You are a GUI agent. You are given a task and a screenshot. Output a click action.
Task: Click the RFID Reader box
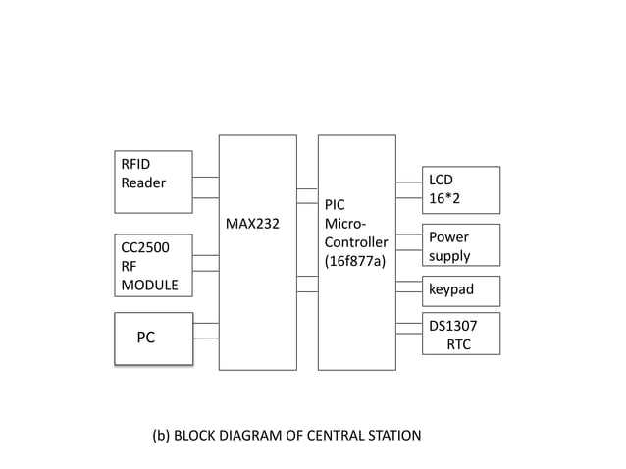(153, 181)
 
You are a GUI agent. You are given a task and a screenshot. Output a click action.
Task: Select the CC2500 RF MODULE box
(153, 265)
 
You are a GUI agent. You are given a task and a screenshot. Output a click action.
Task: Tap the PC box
(153, 339)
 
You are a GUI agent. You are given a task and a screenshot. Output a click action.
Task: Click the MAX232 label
(252, 224)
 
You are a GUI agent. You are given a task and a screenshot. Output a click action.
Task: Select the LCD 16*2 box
(461, 189)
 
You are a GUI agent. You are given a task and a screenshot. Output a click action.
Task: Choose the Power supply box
(461, 245)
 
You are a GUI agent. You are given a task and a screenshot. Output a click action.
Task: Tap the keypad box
(461, 290)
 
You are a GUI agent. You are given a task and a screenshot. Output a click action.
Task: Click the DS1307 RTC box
(461, 334)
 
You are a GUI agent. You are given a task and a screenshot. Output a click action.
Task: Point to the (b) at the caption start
(161, 435)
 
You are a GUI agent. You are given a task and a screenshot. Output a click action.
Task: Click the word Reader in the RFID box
(143, 182)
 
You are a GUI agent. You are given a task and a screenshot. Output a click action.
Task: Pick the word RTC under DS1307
(458, 344)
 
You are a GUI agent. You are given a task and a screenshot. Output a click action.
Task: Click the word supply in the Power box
(449, 256)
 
